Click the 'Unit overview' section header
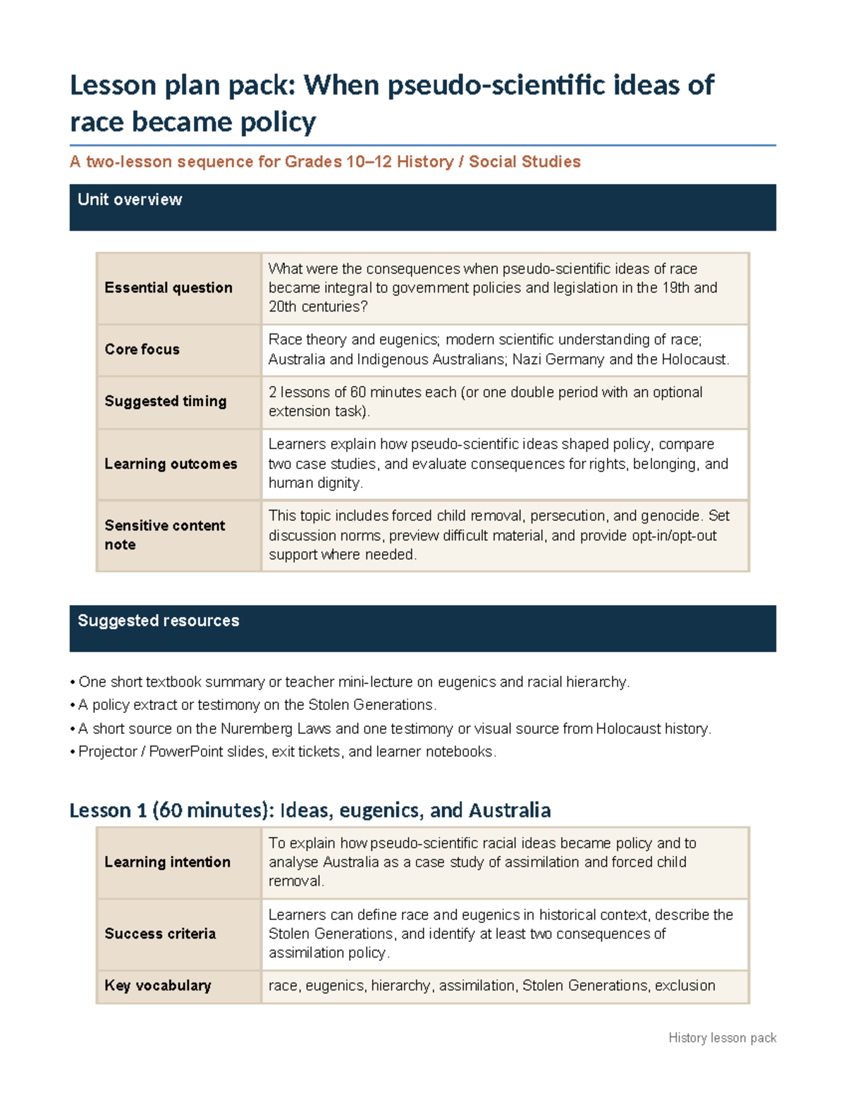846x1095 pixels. click(130, 200)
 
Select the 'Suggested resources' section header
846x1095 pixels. click(158, 621)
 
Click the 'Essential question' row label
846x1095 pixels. click(168, 288)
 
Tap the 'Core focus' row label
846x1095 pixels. click(142, 350)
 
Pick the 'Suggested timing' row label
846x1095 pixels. click(166, 401)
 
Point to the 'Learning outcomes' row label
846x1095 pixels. click(171, 464)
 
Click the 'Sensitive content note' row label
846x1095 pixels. click(164, 535)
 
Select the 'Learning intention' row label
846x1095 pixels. click(167, 862)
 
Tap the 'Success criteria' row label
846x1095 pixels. click(160, 934)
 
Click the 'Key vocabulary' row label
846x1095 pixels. click(158, 986)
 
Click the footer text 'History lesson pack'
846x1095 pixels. click(722, 1038)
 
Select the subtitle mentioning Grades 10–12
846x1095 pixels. click(325, 162)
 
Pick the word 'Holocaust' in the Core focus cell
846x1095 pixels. click(694, 360)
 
